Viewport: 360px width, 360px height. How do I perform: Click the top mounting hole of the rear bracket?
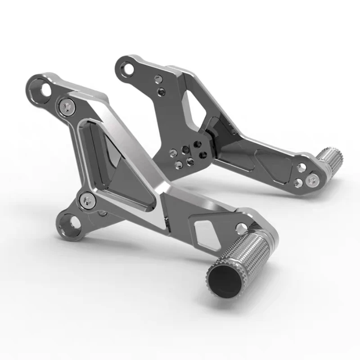click(x=129, y=69)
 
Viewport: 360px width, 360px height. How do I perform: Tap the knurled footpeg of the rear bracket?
click(x=329, y=158)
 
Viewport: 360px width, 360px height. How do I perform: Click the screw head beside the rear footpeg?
click(x=312, y=180)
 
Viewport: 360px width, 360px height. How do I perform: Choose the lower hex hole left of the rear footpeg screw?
click(x=297, y=182)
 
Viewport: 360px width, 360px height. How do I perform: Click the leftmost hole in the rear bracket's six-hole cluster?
click(x=172, y=153)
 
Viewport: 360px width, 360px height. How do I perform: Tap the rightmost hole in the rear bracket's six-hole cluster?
click(x=203, y=155)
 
